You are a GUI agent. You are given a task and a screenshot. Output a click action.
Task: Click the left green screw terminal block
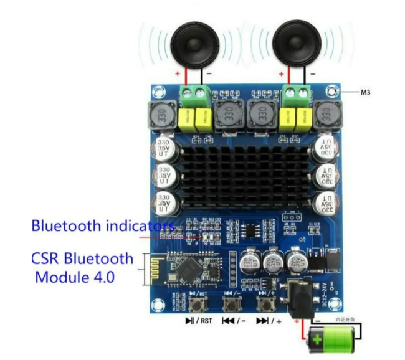[193, 95]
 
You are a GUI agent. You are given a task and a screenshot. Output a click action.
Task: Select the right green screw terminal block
[295, 94]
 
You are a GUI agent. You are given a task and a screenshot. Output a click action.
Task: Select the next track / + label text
[269, 321]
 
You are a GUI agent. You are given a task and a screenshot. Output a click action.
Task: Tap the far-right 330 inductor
[326, 116]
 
